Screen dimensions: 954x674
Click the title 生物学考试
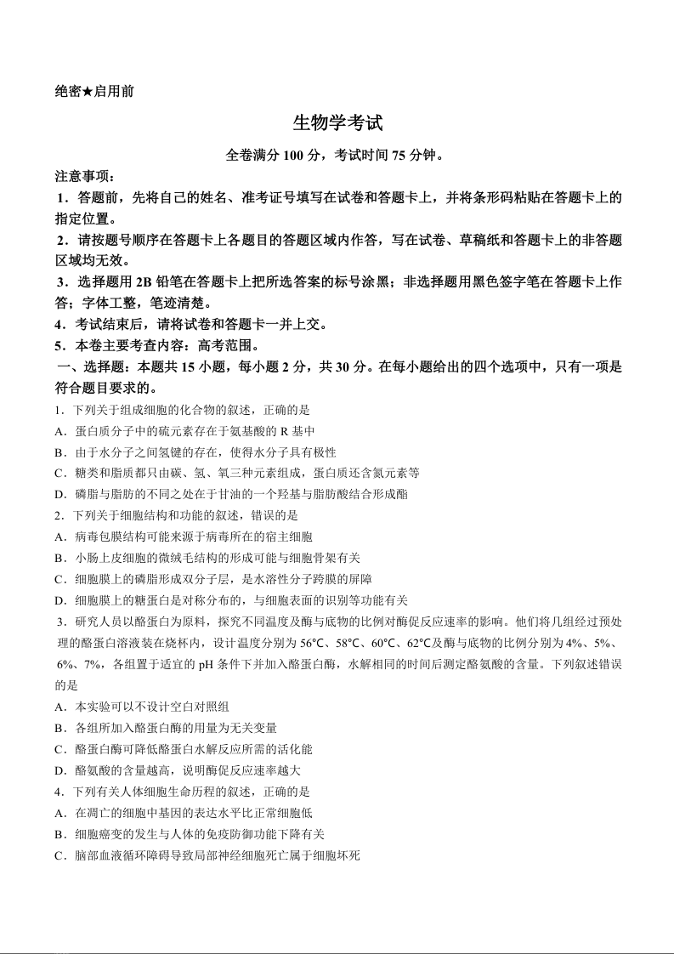click(x=337, y=123)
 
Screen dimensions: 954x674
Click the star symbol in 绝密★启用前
click(x=88, y=90)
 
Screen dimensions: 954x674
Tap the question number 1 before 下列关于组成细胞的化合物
click(x=58, y=410)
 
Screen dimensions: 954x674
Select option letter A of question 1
click(x=59, y=431)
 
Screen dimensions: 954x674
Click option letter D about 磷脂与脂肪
click(x=59, y=494)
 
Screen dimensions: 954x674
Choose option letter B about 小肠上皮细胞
click(x=59, y=558)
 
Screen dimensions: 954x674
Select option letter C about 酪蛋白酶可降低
click(x=59, y=749)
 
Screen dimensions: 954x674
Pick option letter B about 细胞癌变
click(x=59, y=834)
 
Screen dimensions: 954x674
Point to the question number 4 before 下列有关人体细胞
click(x=58, y=792)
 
